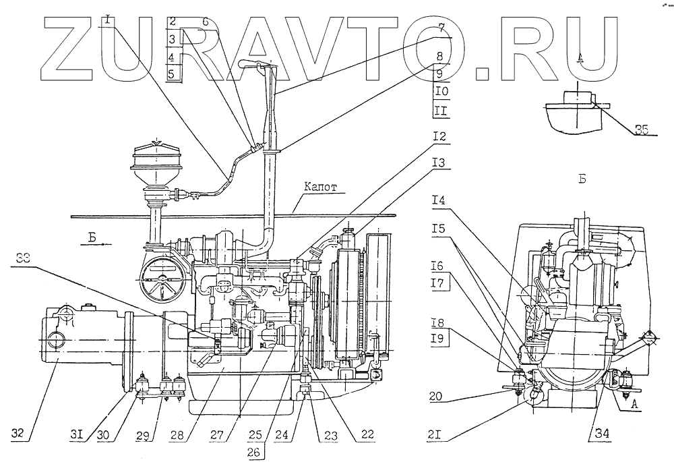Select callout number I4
point(439,201)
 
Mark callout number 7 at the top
point(441,28)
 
